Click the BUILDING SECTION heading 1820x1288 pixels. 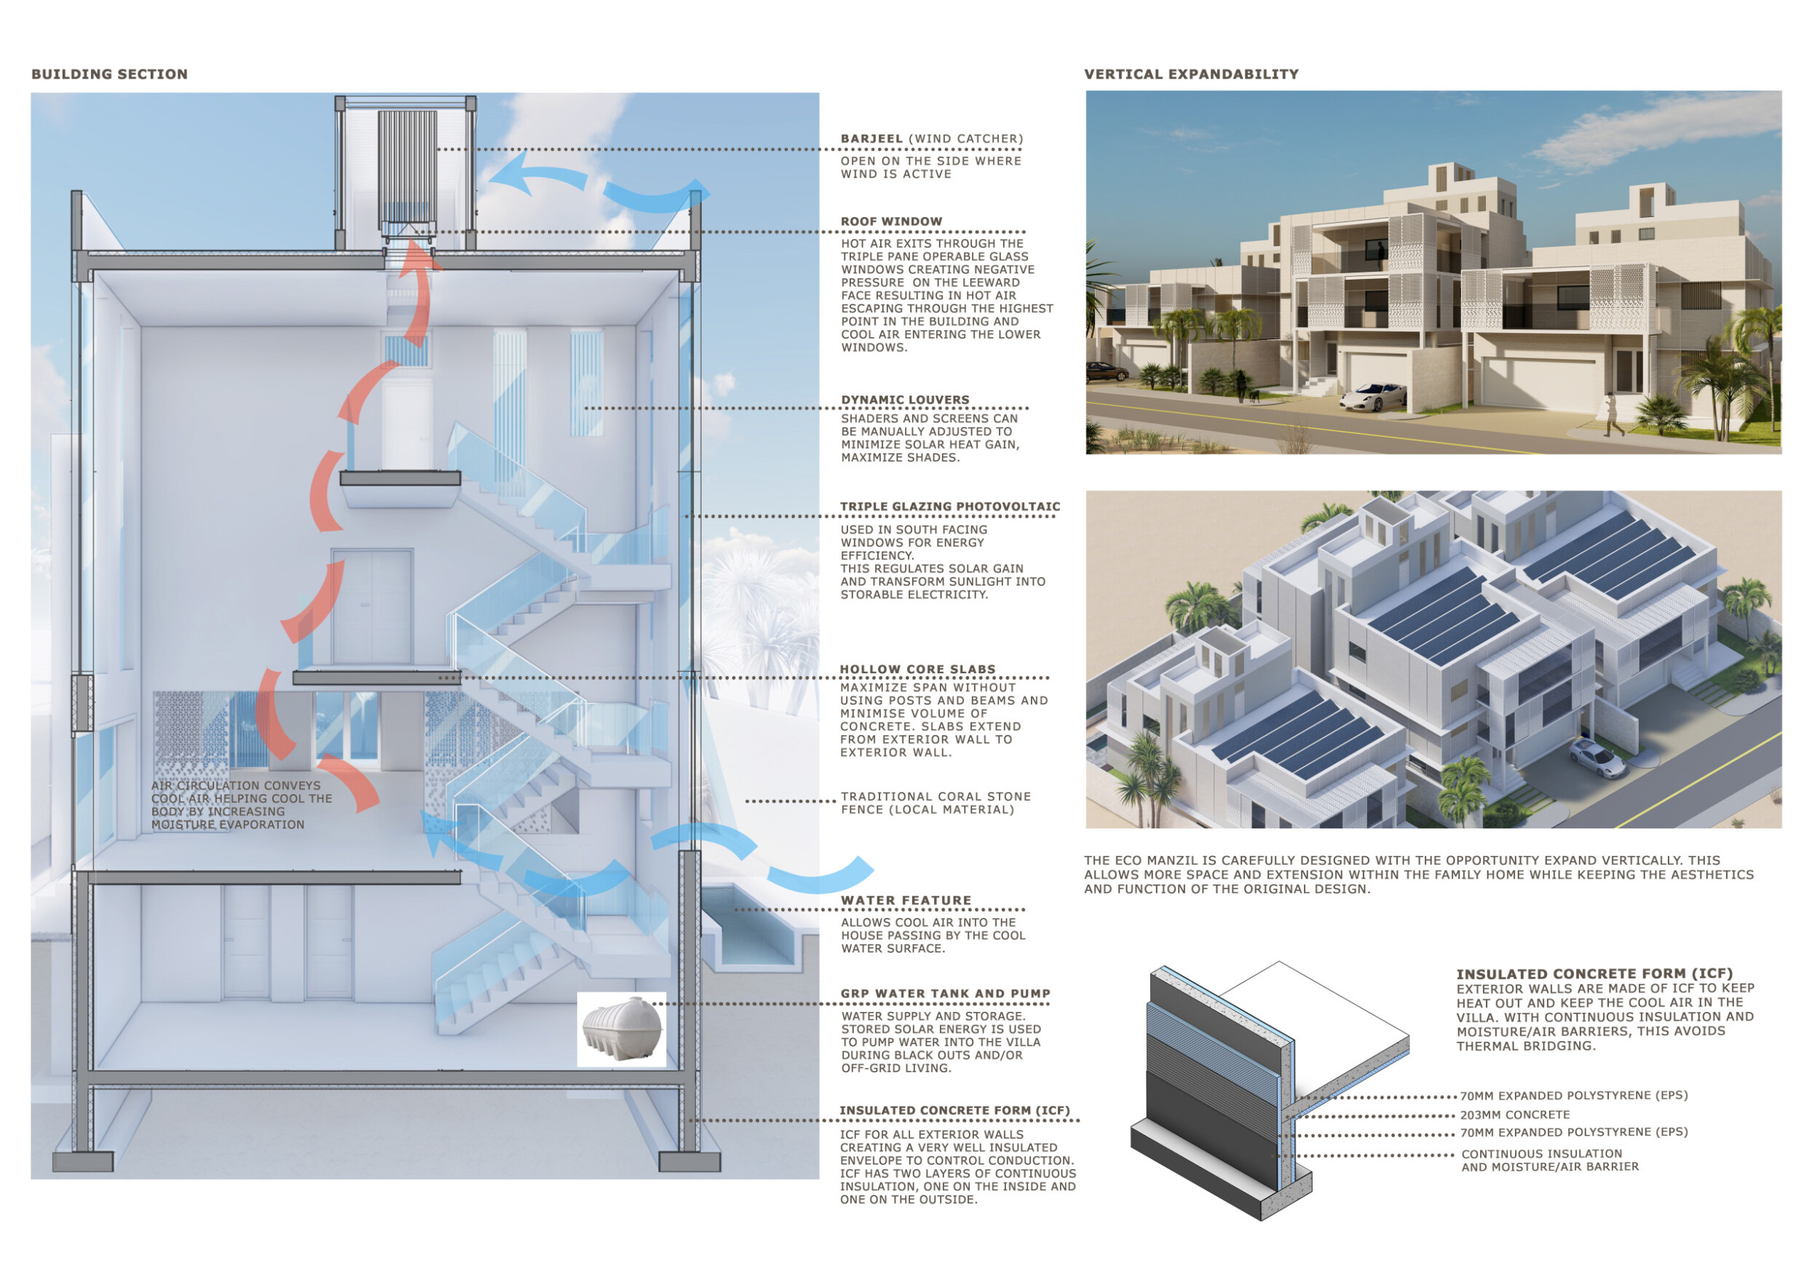(x=109, y=74)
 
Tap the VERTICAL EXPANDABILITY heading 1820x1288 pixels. (x=1192, y=74)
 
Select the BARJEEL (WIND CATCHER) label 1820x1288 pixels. (x=931, y=139)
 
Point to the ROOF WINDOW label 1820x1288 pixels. (x=892, y=221)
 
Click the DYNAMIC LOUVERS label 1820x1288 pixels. (x=905, y=400)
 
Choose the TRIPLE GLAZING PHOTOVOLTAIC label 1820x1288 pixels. (x=951, y=507)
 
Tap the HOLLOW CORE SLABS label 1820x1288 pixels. (x=918, y=669)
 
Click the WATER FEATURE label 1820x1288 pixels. (x=906, y=900)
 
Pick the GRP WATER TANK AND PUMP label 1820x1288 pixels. (x=946, y=994)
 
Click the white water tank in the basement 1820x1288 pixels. (x=622, y=1029)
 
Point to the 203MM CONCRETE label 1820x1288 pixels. (x=1515, y=1115)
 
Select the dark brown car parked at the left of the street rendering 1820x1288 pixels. (x=1107, y=371)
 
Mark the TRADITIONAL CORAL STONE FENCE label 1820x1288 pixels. (x=936, y=803)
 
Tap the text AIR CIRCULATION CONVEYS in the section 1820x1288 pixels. (x=236, y=785)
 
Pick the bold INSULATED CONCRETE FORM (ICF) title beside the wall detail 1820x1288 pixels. (x=1595, y=973)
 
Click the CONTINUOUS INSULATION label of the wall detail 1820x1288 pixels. (x=1542, y=1153)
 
